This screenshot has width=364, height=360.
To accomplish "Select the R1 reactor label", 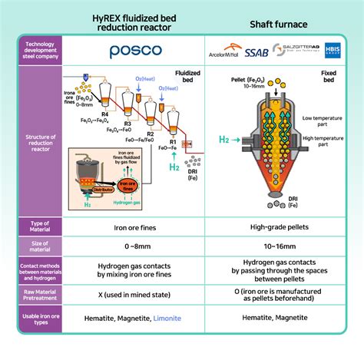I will coord(173,142).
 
